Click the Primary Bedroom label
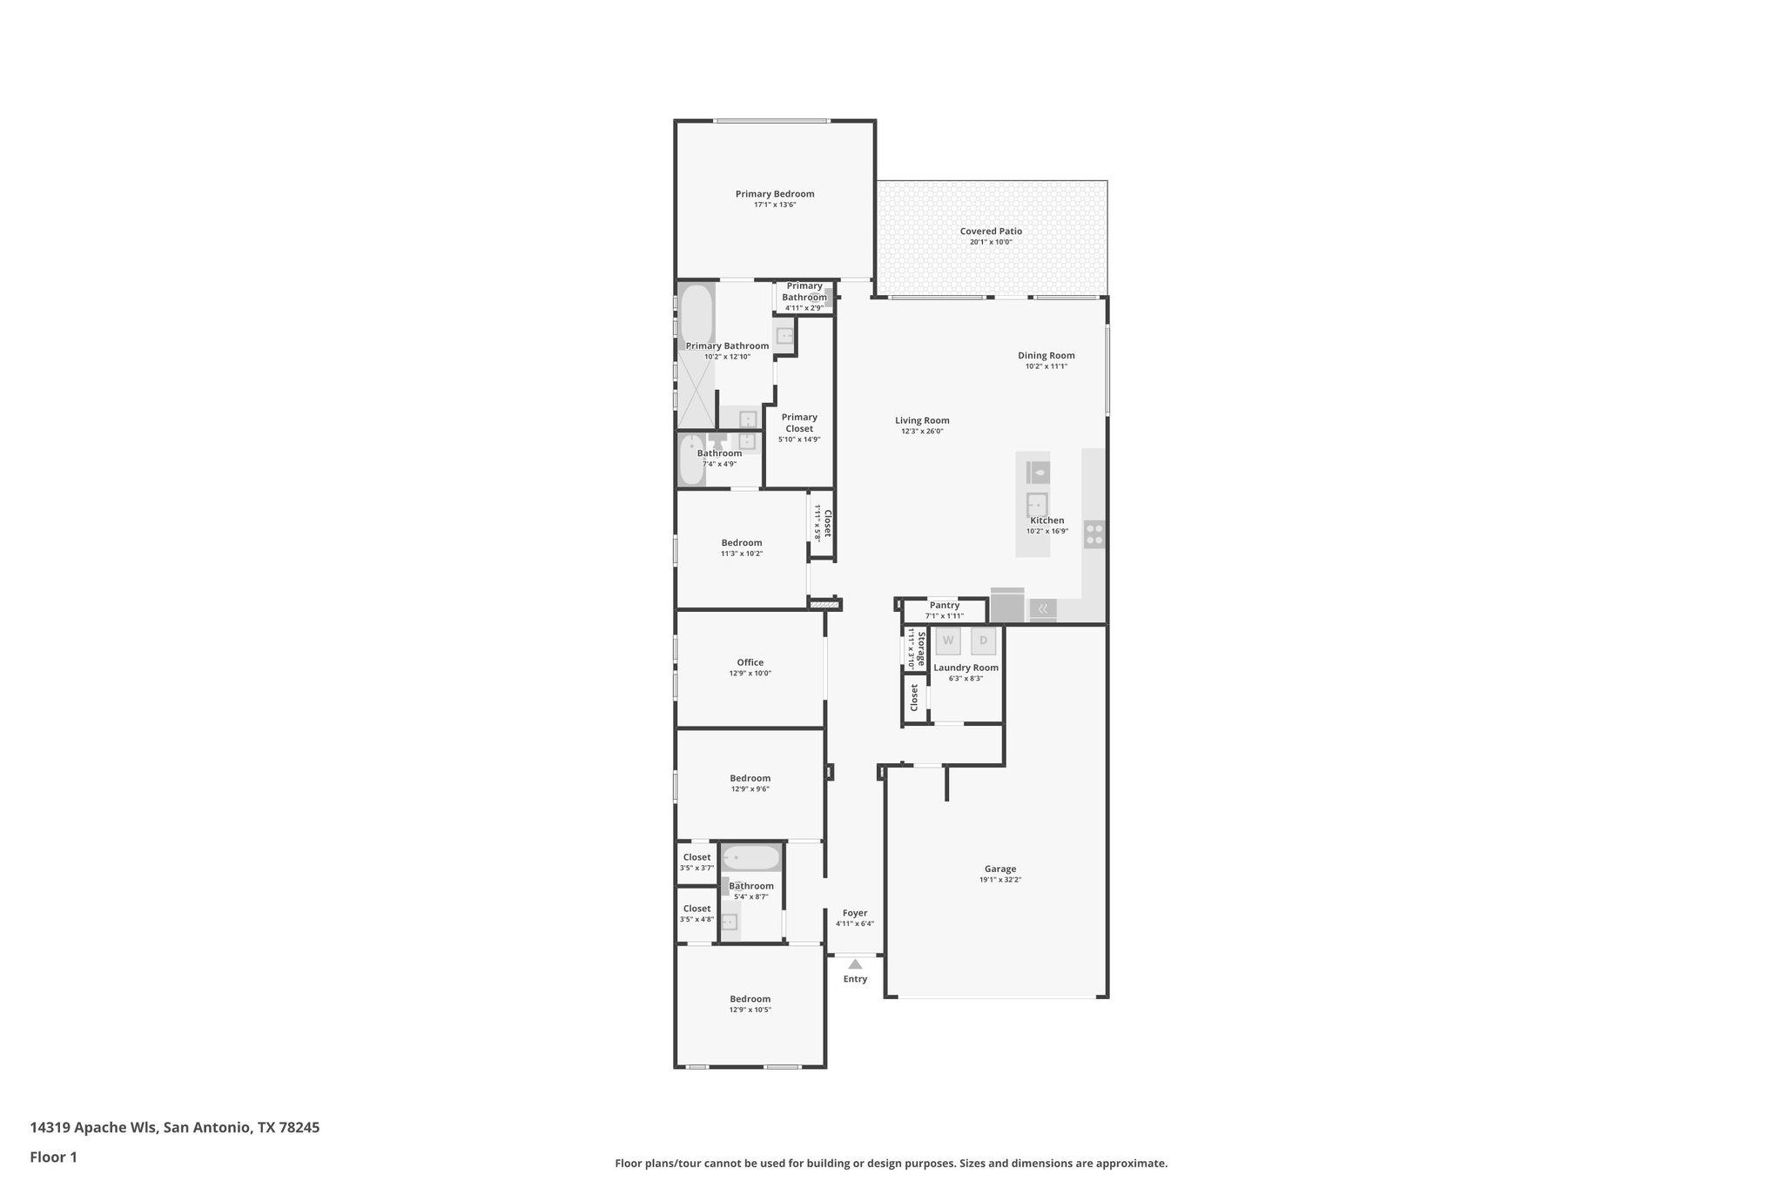click(x=774, y=194)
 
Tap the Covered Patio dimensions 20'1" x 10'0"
click(x=991, y=242)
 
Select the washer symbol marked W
click(x=948, y=641)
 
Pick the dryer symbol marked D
click(x=983, y=641)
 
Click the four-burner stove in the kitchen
click(x=1093, y=534)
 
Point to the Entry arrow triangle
click(x=855, y=963)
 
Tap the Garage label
click(x=999, y=869)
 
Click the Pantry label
click(x=944, y=605)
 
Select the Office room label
click(x=750, y=662)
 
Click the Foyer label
click(x=854, y=913)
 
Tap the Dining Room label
click(x=1046, y=355)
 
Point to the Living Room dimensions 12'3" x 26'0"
click(x=922, y=432)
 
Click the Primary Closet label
click(x=798, y=422)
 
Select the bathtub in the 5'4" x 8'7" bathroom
click(x=750, y=858)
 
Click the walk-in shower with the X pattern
click(x=696, y=393)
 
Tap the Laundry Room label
click(x=966, y=668)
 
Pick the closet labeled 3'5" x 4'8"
click(x=696, y=913)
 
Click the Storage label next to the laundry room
click(x=920, y=648)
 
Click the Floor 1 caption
click(x=53, y=1158)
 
